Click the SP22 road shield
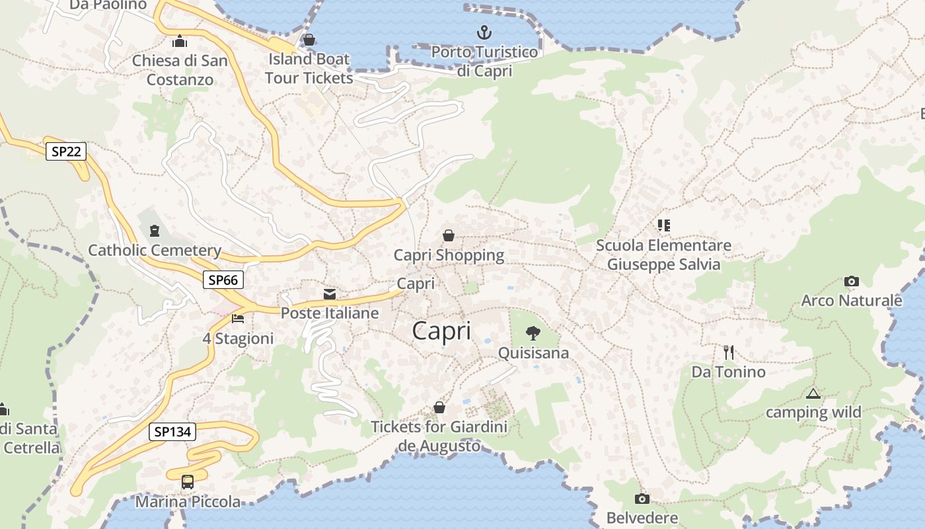(67, 151)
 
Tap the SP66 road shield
(223, 280)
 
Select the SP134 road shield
(172, 432)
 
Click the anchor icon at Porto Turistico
(484, 32)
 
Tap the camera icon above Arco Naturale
(852, 282)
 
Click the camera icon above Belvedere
(642, 499)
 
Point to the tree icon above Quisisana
(533, 333)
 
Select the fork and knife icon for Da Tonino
(729, 352)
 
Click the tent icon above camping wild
(813, 394)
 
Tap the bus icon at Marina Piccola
(188, 482)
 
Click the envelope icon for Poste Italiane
(330, 294)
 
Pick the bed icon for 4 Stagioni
(238, 319)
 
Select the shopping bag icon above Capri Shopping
(449, 235)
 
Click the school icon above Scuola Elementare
(663, 225)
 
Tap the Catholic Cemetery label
(155, 251)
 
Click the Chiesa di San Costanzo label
(180, 70)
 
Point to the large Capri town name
(442, 331)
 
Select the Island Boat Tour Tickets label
(309, 68)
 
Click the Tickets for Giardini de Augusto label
(439, 436)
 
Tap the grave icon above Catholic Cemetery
(155, 231)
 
